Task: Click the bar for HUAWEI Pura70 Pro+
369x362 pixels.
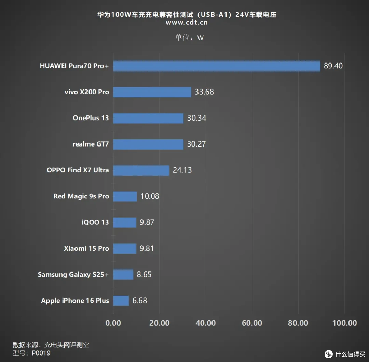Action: pyautogui.click(x=217, y=66)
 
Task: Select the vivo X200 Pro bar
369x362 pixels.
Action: pyautogui.click(x=152, y=92)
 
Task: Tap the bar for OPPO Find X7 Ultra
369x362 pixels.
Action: pyautogui.click(x=141, y=170)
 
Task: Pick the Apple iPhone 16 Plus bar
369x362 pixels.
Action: pyautogui.click(x=121, y=301)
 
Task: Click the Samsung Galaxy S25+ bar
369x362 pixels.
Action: pyautogui.click(x=123, y=275)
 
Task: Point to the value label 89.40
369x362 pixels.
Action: pyautogui.click(x=333, y=66)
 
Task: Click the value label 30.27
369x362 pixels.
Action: pyautogui.click(x=196, y=144)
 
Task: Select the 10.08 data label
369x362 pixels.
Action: pyautogui.click(x=150, y=196)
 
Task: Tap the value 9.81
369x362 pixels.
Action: pyautogui.click(x=147, y=248)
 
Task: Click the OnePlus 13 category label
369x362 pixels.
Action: pyautogui.click(x=91, y=118)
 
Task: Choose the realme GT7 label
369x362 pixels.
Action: pyautogui.click(x=91, y=144)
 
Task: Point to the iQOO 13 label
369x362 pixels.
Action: pyautogui.click(x=95, y=222)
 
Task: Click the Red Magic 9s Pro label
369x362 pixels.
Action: pyautogui.click(x=81, y=196)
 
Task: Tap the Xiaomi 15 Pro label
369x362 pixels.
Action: pyautogui.click(x=86, y=248)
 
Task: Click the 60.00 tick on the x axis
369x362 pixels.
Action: pyautogui.click(x=252, y=323)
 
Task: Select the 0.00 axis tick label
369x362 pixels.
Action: pyautogui.click(x=113, y=323)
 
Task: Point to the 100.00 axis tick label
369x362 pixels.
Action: pyautogui.click(x=344, y=323)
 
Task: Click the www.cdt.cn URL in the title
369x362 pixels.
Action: pyautogui.click(x=187, y=22)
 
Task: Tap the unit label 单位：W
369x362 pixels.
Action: pyautogui.click(x=189, y=38)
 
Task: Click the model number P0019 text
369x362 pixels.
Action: pyautogui.click(x=41, y=353)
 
